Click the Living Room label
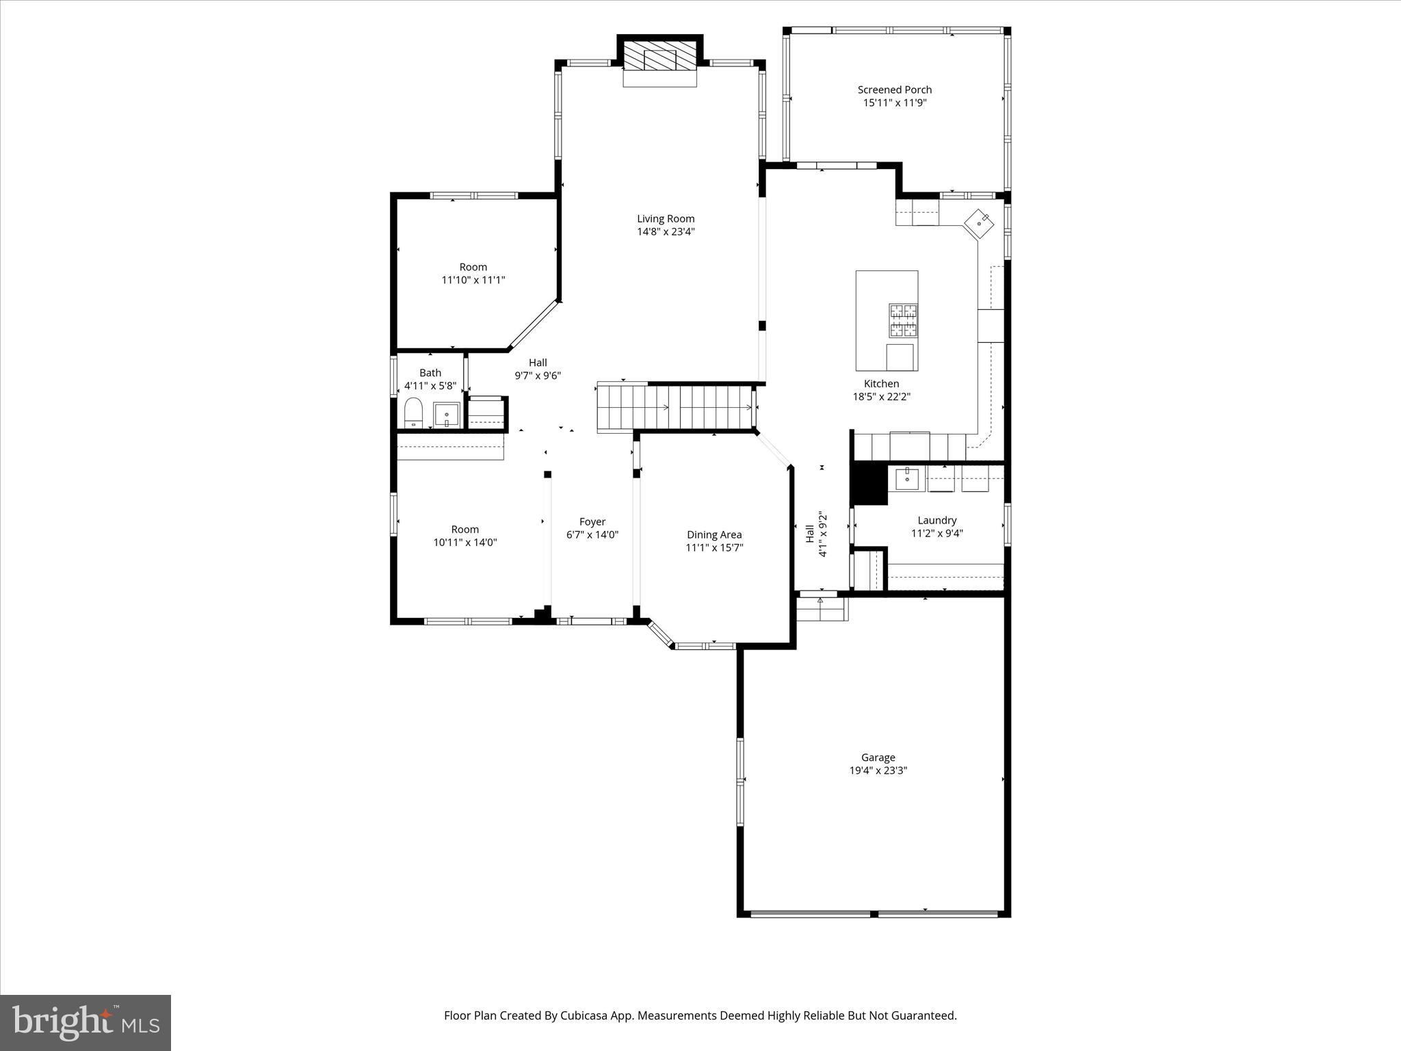click(666, 219)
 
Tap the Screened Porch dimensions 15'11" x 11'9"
click(895, 103)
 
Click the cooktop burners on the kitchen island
click(903, 321)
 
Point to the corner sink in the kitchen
click(981, 222)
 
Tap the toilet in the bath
click(414, 413)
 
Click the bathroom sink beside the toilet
click(446, 415)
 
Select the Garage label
click(878, 757)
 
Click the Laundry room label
click(937, 521)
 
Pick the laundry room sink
click(907, 479)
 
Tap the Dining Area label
click(714, 535)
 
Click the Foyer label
click(592, 522)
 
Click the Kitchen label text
click(881, 384)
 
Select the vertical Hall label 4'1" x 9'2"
click(816, 534)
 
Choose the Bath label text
click(430, 373)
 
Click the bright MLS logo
click(86, 1022)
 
